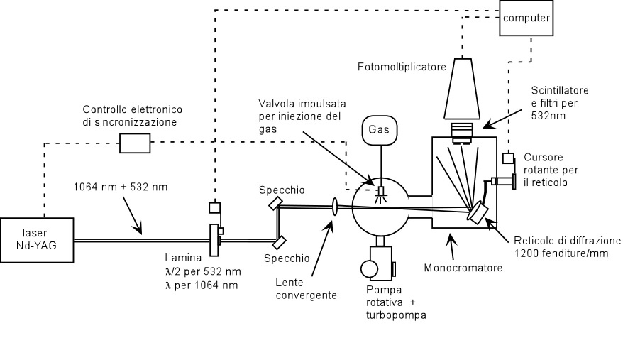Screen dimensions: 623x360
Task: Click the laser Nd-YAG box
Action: (x=37, y=240)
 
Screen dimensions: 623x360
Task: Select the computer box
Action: (x=526, y=18)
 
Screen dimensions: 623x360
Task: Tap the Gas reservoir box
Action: (x=380, y=130)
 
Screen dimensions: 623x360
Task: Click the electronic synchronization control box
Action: (x=135, y=143)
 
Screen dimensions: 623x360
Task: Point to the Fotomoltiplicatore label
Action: (x=402, y=67)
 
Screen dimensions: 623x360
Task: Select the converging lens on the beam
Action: (x=334, y=207)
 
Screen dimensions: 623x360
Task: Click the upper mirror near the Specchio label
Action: (x=275, y=203)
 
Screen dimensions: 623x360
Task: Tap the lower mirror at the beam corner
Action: (x=280, y=242)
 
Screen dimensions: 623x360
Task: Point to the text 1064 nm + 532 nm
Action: (x=121, y=187)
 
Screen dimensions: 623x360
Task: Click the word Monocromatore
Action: (x=463, y=268)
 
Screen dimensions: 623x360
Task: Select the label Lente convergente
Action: (x=306, y=289)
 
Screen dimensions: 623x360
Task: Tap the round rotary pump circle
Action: (x=369, y=268)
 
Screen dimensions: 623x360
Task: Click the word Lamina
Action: (x=184, y=258)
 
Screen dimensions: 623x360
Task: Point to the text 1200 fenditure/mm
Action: (x=561, y=253)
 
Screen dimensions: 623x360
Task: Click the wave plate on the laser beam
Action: (x=214, y=240)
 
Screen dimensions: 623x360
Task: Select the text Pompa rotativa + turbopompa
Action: (x=396, y=302)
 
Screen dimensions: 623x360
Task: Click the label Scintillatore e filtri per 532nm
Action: (x=560, y=103)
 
